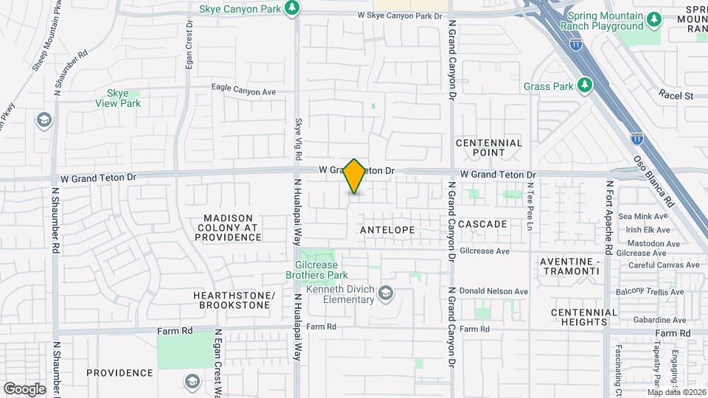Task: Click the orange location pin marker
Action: pos(354,176)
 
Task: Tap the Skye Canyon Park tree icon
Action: pos(294,7)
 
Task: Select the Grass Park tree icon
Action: pos(585,85)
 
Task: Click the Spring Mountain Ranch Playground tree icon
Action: pos(652,18)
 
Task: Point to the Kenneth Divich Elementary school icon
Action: pos(385,295)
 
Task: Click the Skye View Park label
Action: pos(118,98)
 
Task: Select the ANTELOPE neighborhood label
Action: pos(387,230)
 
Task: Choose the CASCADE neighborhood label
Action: pos(482,223)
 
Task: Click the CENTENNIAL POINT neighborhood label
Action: pos(489,147)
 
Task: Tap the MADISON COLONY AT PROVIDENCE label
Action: pos(229,228)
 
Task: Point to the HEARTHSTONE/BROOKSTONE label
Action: pos(234,300)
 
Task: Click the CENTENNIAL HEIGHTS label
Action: pos(583,317)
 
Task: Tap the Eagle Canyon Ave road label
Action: pos(243,91)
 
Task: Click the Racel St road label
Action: pos(677,95)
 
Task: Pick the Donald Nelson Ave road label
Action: pos(494,291)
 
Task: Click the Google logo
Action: pos(24,388)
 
